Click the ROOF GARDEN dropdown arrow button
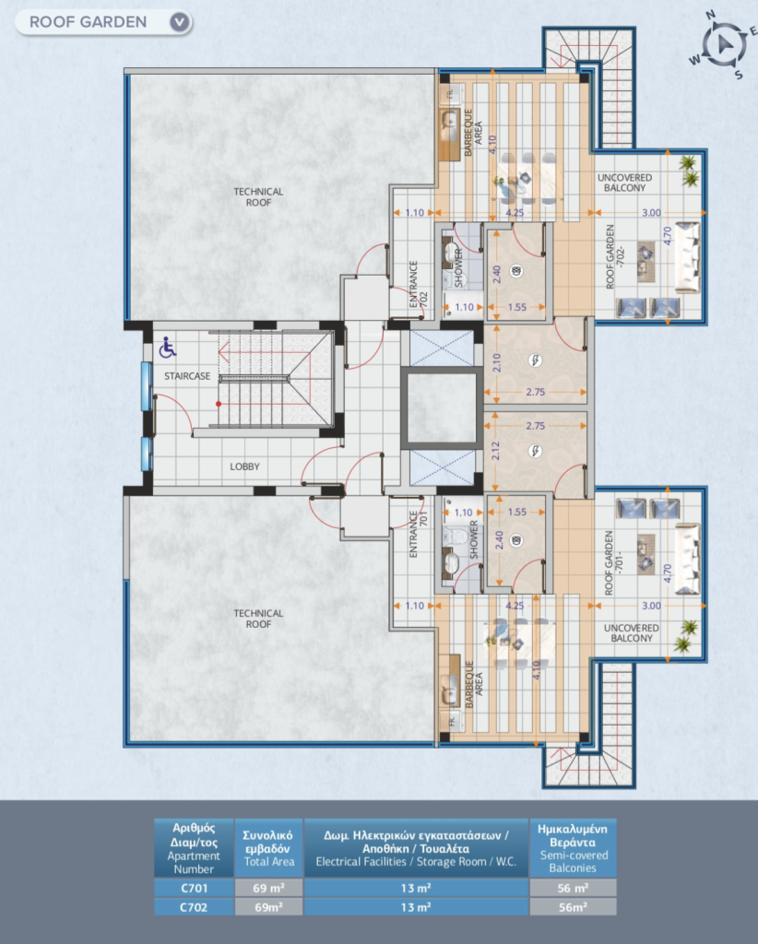pos(179,22)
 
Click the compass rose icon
pos(723,44)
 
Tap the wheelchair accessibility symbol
pos(167,348)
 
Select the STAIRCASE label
pos(187,376)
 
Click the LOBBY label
pos(244,466)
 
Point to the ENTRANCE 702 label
pos(418,284)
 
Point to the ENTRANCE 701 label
pos(418,534)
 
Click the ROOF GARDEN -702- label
pos(615,256)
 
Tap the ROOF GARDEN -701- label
pos(613,563)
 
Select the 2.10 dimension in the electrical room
pos(497,362)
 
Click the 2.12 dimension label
pos(496,451)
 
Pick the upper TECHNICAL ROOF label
pos(258,197)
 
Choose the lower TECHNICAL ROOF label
pos(258,619)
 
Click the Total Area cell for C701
pos(268,888)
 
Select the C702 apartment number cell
pos(194,907)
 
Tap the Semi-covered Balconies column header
pos(573,848)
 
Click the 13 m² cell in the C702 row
pos(416,907)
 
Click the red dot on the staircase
pos(219,404)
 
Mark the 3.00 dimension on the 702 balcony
pos(651,213)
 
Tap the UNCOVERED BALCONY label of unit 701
pos(632,632)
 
